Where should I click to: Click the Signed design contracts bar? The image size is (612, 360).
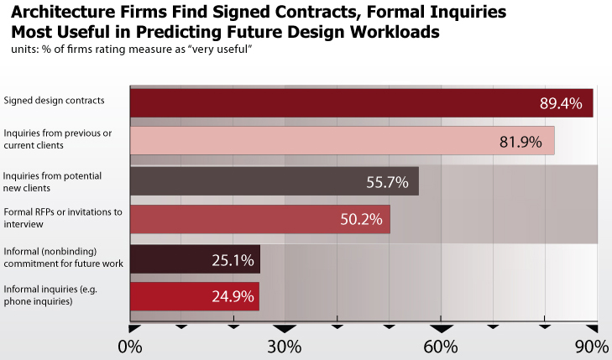point(336,102)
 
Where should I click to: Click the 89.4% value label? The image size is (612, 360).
point(559,103)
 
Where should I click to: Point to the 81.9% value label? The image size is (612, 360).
point(520,142)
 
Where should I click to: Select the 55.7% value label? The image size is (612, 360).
point(387,181)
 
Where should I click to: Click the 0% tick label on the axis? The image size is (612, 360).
point(129,347)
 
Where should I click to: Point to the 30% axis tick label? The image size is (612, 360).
point(285,347)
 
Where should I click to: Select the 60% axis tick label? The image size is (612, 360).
point(441,347)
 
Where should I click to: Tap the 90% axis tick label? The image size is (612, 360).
point(592,347)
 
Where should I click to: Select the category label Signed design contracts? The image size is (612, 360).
point(54,101)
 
